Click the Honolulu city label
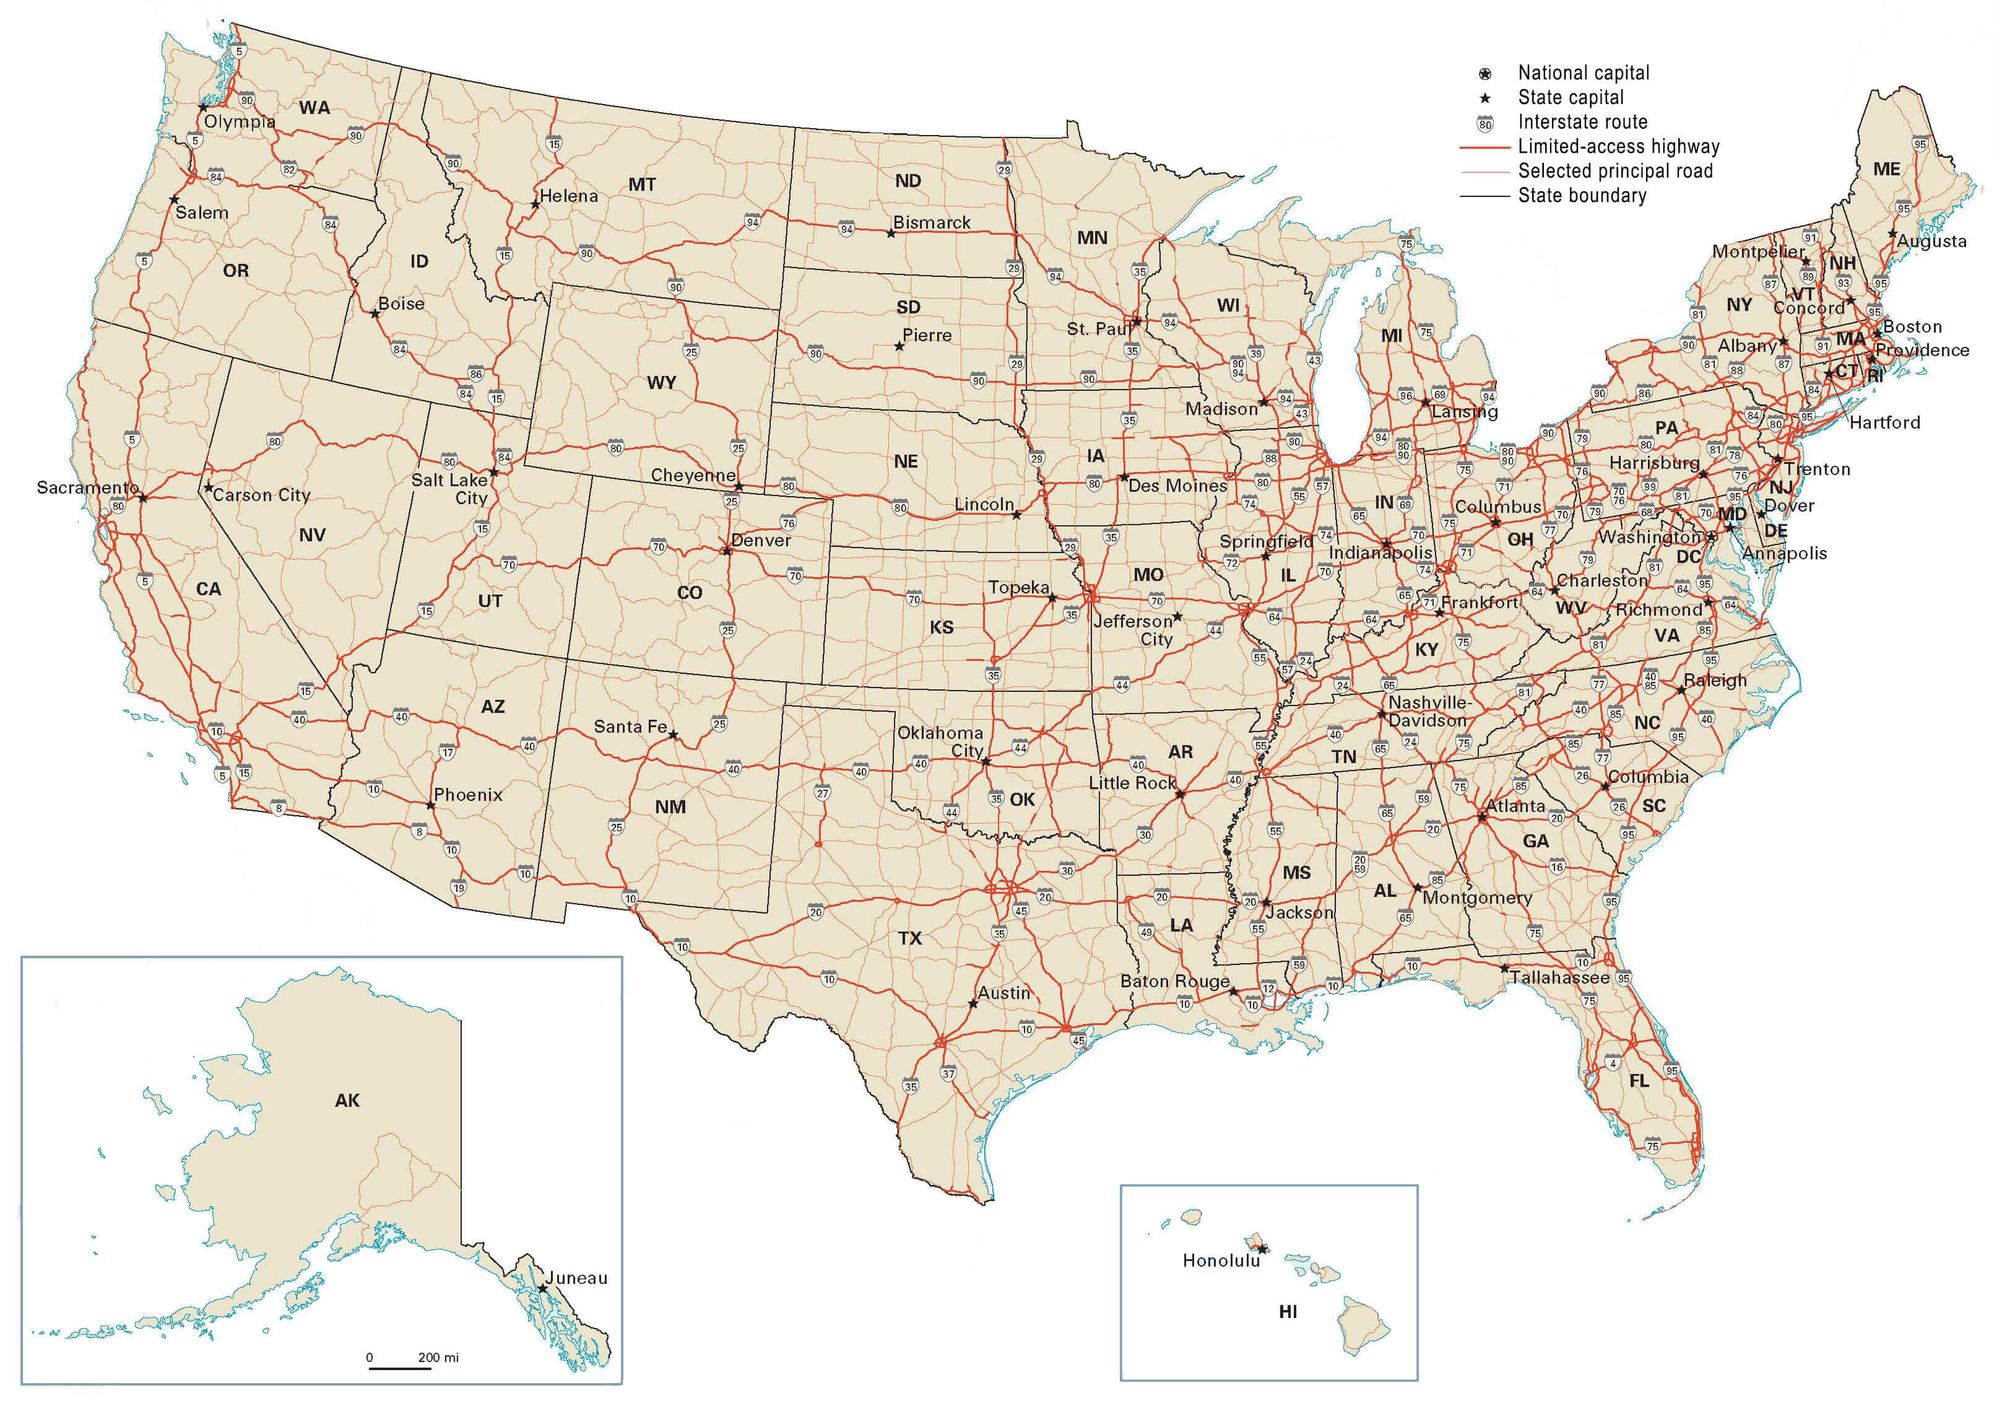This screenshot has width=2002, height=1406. tap(1221, 1260)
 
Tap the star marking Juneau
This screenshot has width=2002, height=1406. tap(542, 1287)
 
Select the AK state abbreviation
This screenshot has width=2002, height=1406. tap(347, 1101)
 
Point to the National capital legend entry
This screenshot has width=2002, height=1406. tap(1582, 73)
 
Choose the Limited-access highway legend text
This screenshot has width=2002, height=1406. tap(1618, 147)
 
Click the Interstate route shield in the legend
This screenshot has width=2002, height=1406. tap(1485, 123)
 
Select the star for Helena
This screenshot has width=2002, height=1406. tap(535, 205)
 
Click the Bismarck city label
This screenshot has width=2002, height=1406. tap(931, 222)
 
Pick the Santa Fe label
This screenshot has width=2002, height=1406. tap(630, 727)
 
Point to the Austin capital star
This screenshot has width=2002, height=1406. tap(973, 1004)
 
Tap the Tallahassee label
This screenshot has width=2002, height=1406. tap(1560, 978)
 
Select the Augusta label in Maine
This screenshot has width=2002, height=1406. tap(1931, 242)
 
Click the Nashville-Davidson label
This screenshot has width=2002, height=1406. tap(1428, 712)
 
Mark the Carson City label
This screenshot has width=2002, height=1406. tap(261, 496)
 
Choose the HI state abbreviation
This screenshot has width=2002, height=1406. tap(1288, 1312)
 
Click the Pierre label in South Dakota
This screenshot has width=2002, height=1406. tap(927, 336)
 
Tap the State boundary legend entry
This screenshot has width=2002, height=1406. tap(1582, 195)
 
